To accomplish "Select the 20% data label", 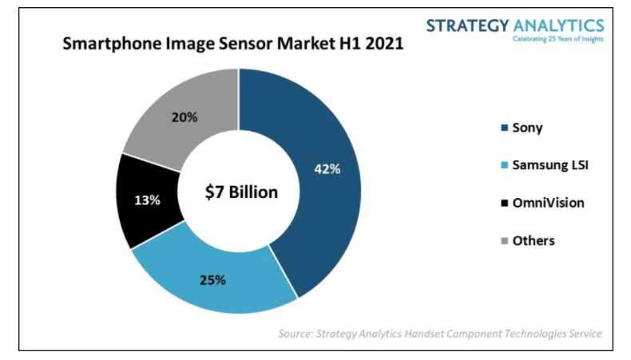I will pos(185,117).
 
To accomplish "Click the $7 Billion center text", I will pos(241,192).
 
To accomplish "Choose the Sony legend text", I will pos(527,128).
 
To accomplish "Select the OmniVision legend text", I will pos(548,203).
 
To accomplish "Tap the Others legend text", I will pos(533,240).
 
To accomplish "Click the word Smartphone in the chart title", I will pos(109,45).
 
